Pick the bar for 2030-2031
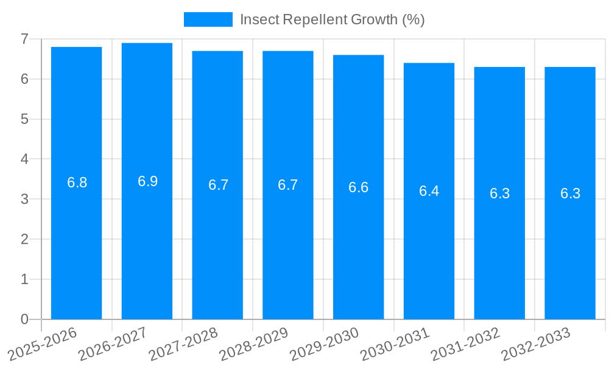coord(429,243)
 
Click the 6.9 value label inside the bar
coord(147,181)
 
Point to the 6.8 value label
coord(77,182)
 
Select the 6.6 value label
coord(358,187)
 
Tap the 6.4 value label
coord(429,191)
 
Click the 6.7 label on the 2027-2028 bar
coord(218,185)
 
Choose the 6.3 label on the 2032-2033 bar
coord(570,193)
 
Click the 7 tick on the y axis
coord(24,39)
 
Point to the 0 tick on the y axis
coord(24,319)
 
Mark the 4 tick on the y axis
coord(24,159)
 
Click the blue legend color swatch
coord(208,19)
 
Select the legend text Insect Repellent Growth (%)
coord(332,19)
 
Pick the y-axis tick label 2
coord(24,240)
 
